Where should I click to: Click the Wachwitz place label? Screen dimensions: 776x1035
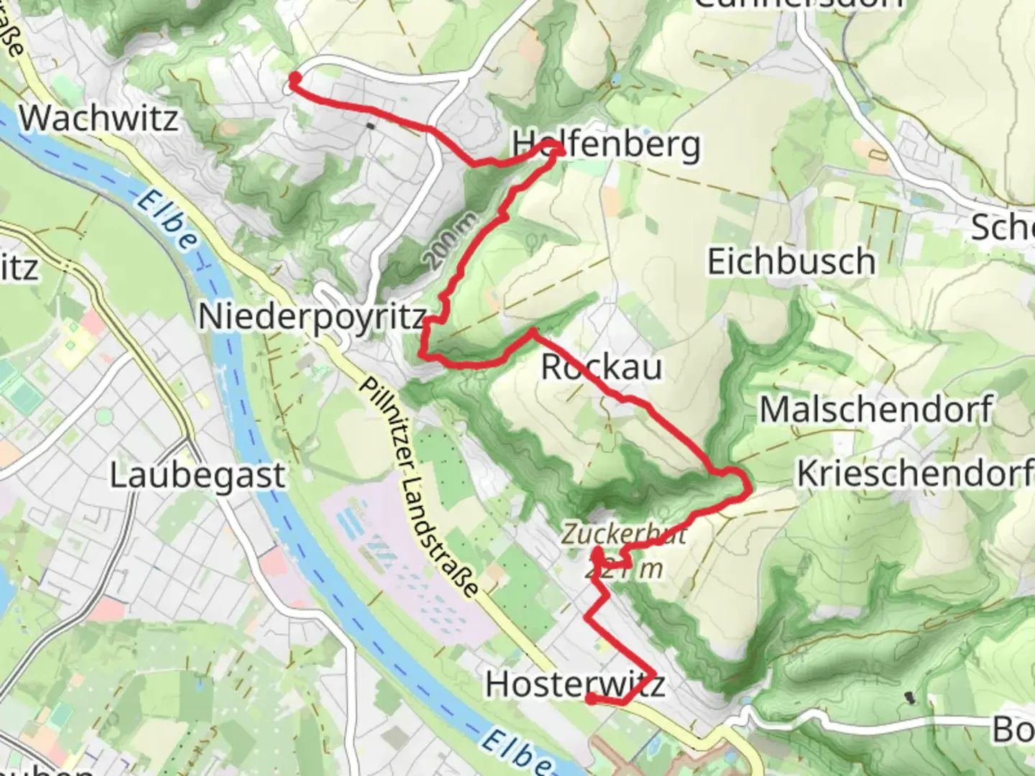[98, 118]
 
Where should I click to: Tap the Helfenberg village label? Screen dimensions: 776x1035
[605, 144]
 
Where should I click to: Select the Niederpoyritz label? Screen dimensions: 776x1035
[311, 316]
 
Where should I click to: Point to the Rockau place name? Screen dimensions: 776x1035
[601, 366]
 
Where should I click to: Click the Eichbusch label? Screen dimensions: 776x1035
[791, 261]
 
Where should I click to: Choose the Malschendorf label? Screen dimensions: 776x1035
[876, 410]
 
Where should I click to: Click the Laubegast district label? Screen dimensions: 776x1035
[197, 476]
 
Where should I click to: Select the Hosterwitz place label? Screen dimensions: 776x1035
[574, 684]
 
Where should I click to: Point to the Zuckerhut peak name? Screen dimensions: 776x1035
[624, 534]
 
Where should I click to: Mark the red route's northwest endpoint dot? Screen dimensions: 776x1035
[295, 78]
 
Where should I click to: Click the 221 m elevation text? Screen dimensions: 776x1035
[624, 569]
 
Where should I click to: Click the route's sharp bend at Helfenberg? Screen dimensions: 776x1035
[557, 148]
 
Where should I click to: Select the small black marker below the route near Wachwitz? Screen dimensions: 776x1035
[370, 126]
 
